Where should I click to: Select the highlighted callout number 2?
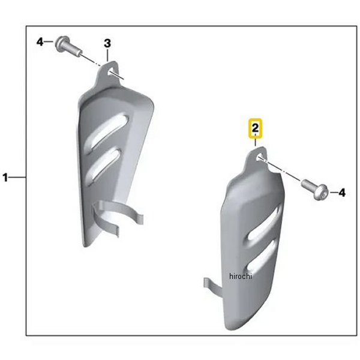(255, 128)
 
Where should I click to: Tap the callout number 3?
(107, 43)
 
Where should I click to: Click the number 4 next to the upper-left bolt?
(40, 42)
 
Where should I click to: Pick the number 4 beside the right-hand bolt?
(341, 193)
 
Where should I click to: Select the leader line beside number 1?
(17, 178)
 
